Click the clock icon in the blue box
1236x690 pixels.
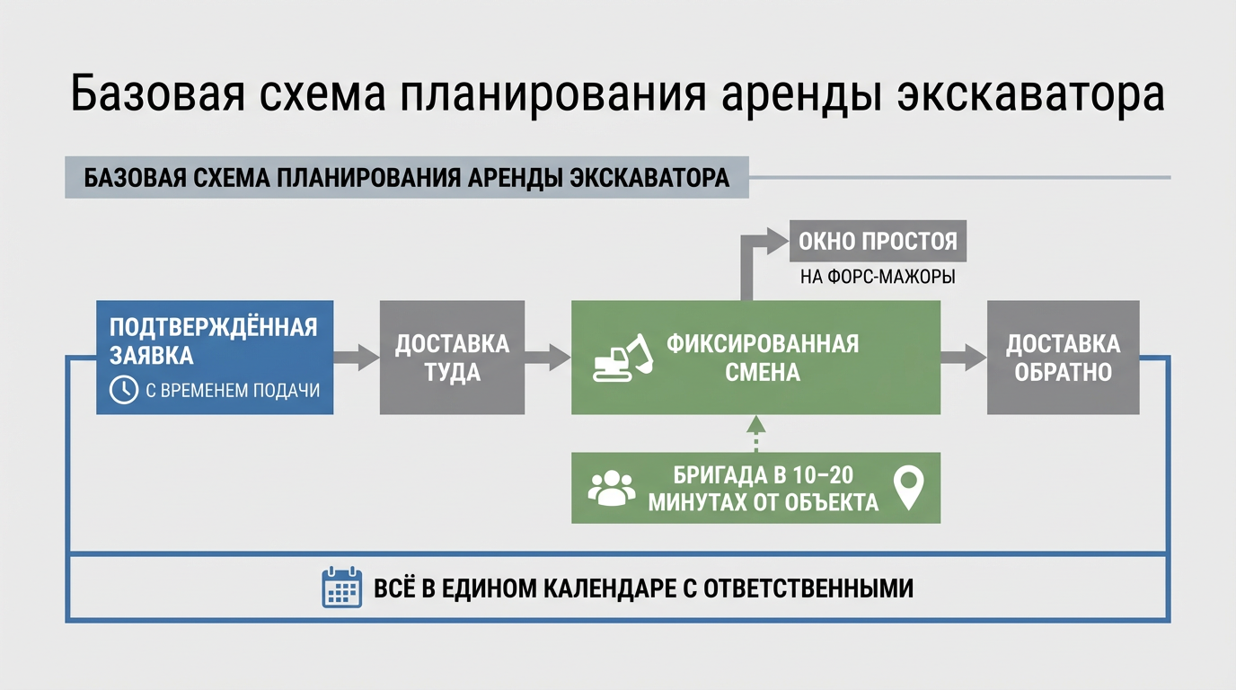[x=123, y=389]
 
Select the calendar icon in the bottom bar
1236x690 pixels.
[x=341, y=588]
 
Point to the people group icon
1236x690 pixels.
[x=611, y=488]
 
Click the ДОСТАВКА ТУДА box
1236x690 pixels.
[x=452, y=358]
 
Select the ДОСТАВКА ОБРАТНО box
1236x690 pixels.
[x=1063, y=358]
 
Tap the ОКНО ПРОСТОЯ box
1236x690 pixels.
[x=878, y=241]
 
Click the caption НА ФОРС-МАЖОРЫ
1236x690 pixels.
[x=878, y=277]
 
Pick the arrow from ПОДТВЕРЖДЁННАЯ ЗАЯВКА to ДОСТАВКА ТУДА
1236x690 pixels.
[x=357, y=357]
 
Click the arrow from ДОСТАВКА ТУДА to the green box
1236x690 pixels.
[x=548, y=357]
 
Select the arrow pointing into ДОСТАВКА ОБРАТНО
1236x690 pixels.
[x=963, y=357]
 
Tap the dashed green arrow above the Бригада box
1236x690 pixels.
[x=756, y=433]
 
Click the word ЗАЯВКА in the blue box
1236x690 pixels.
[x=152, y=356]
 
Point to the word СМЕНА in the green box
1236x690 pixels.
[x=763, y=371]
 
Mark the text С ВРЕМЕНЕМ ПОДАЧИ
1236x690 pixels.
[x=232, y=390]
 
